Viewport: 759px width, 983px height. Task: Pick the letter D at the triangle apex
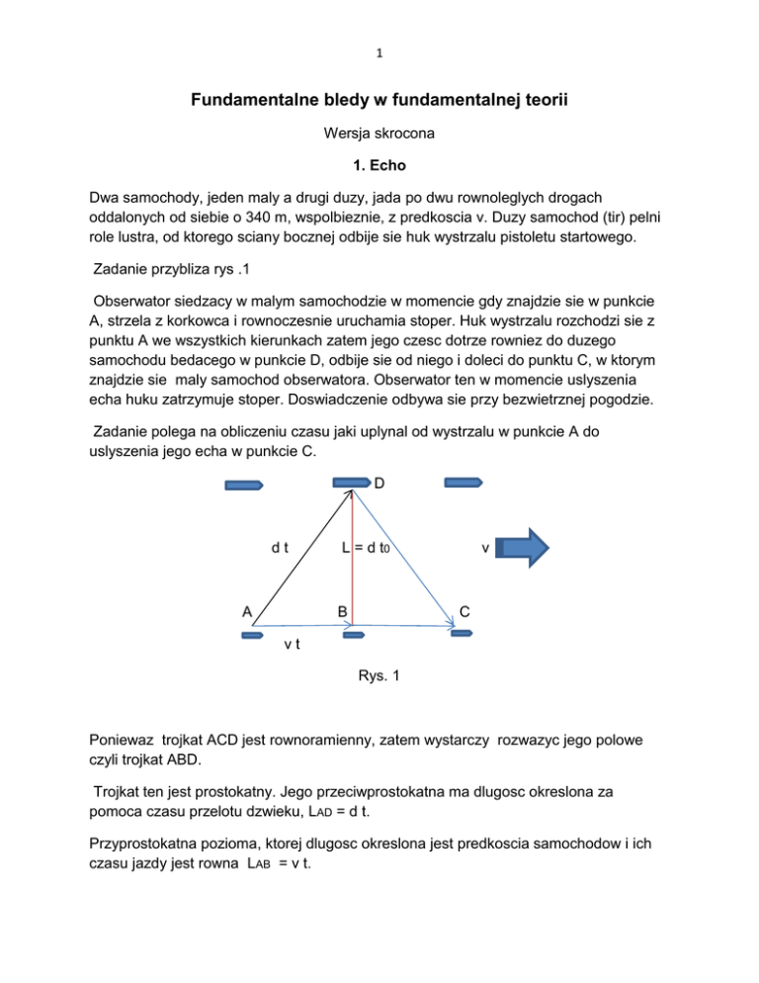(x=379, y=484)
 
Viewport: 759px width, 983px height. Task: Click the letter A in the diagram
(x=248, y=611)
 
